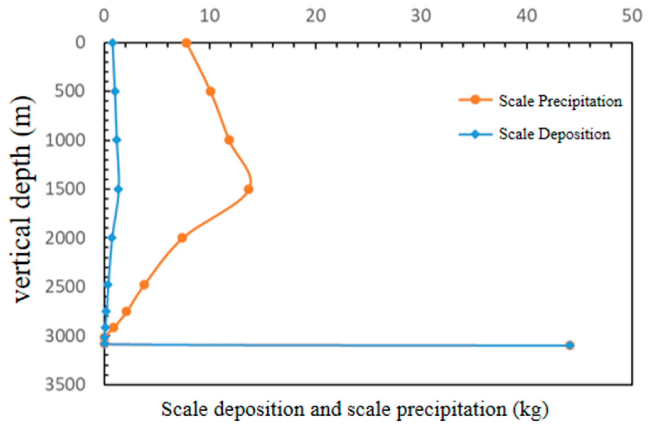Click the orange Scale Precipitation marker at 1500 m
click(x=248, y=189)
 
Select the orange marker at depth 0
click(x=186, y=43)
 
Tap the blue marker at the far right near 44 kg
click(x=570, y=345)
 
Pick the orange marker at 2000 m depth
click(x=182, y=238)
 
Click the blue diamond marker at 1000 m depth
click(x=117, y=140)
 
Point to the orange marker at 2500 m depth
click(x=144, y=284)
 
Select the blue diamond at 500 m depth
click(x=115, y=91)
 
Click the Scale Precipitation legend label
click(x=560, y=101)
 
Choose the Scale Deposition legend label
click(x=554, y=134)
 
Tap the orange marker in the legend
click(x=475, y=100)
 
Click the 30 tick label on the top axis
click(x=421, y=15)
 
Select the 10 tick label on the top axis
click(x=210, y=15)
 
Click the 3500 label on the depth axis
click(x=65, y=384)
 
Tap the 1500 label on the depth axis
click(x=65, y=189)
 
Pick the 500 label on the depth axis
click(x=70, y=92)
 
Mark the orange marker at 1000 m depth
click(x=229, y=140)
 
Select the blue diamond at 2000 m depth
click(x=112, y=238)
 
